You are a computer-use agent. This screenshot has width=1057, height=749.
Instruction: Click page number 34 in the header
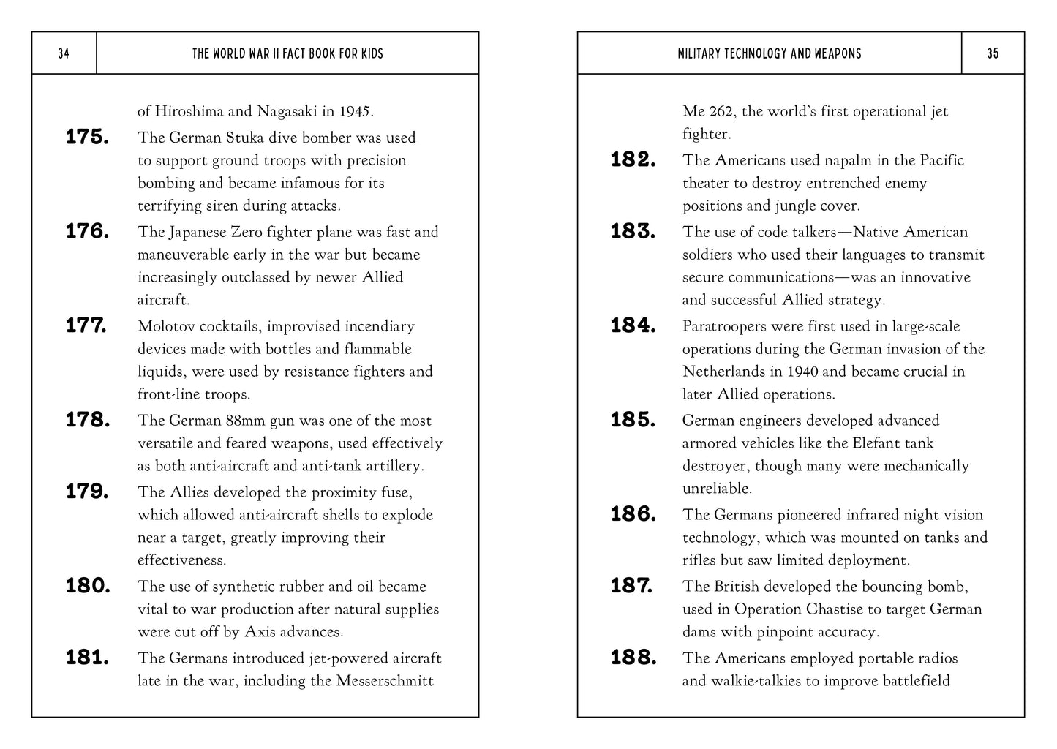[64, 53]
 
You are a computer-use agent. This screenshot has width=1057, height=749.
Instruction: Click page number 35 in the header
[993, 53]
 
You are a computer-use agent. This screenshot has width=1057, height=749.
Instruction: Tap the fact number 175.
[87, 138]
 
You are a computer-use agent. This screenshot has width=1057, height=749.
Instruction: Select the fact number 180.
[88, 586]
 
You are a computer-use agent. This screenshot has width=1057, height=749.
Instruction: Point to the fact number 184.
[633, 326]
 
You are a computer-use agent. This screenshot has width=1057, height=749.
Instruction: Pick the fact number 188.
[633, 658]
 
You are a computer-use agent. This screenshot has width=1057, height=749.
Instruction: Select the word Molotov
[167, 326]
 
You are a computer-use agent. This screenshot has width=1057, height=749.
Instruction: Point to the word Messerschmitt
[385, 681]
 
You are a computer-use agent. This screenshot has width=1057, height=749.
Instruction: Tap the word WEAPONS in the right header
[836, 53]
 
